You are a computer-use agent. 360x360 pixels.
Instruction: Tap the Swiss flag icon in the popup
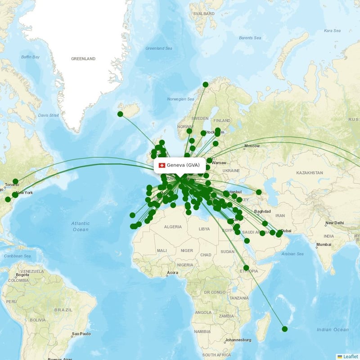coord(162,165)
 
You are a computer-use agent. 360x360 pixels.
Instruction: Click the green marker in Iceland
coord(120,114)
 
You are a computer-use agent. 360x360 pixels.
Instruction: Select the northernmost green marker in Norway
coord(206,85)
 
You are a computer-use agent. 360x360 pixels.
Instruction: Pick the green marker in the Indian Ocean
coord(284,329)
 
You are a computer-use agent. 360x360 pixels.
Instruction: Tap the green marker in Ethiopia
coord(246,268)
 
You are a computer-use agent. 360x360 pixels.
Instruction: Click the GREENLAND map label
coord(83,58)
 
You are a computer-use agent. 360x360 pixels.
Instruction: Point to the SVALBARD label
coord(204,14)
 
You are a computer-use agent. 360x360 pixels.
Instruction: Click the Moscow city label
coord(252,146)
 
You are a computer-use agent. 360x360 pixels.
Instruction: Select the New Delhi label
coord(335,223)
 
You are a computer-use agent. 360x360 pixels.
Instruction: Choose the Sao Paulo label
coord(81,334)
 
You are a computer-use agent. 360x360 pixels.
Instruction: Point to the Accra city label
coord(172,273)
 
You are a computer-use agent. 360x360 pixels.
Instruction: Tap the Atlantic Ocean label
coord(81,226)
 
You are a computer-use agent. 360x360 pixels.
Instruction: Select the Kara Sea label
coord(332,31)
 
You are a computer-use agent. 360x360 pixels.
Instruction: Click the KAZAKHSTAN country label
coord(310,173)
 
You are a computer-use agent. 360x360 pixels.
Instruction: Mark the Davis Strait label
coord(48,115)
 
